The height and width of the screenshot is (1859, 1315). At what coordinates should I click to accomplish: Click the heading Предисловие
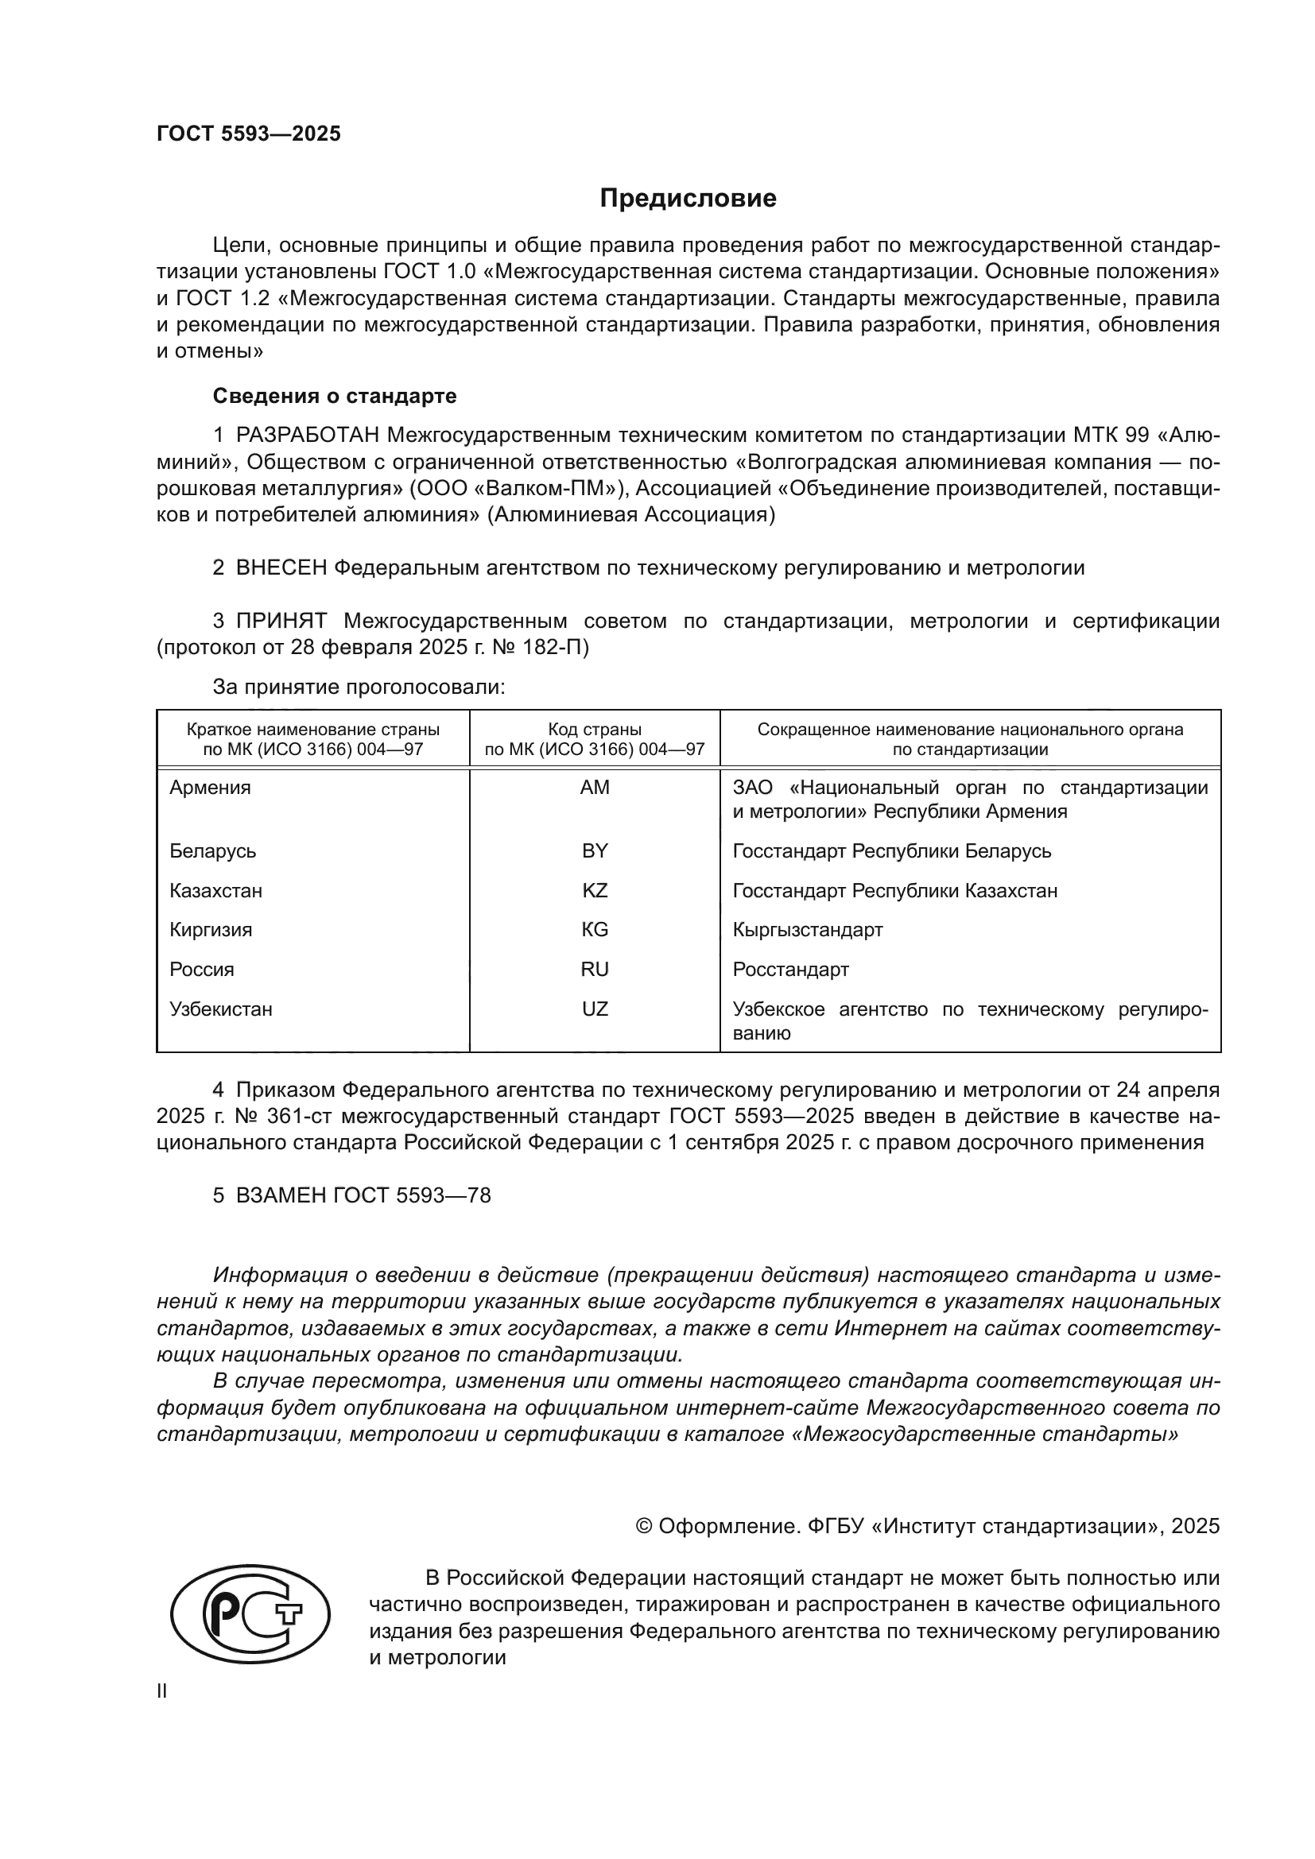click(688, 199)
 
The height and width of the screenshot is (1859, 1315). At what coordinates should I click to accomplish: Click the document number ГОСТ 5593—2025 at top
click(249, 134)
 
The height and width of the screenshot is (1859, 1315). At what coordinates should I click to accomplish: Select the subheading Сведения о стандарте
click(335, 396)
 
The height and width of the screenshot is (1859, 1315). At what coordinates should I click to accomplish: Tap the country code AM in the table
click(595, 787)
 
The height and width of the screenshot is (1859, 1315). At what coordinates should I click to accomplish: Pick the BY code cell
click(595, 851)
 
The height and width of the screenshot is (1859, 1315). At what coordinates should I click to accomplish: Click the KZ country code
click(595, 891)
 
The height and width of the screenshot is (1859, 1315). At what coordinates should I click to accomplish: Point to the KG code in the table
click(595, 930)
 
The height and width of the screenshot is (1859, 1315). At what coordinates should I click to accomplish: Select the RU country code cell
click(595, 969)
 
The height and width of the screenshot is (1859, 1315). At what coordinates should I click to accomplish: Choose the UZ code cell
click(595, 1009)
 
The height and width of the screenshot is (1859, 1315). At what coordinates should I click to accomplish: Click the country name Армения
click(210, 787)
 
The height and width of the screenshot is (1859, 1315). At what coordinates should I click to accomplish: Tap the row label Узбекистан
click(220, 1009)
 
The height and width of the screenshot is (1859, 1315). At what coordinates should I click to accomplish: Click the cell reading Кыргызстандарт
click(807, 930)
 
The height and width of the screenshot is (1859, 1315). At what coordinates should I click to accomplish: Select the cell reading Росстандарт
click(790, 969)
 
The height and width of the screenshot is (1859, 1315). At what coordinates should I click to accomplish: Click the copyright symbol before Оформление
click(644, 1526)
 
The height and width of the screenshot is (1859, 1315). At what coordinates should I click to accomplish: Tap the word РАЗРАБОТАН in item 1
click(308, 436)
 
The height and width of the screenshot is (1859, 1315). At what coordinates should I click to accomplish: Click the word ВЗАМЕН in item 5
click(281, 1196)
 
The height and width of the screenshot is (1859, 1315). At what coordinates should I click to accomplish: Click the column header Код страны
click(595, 729)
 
